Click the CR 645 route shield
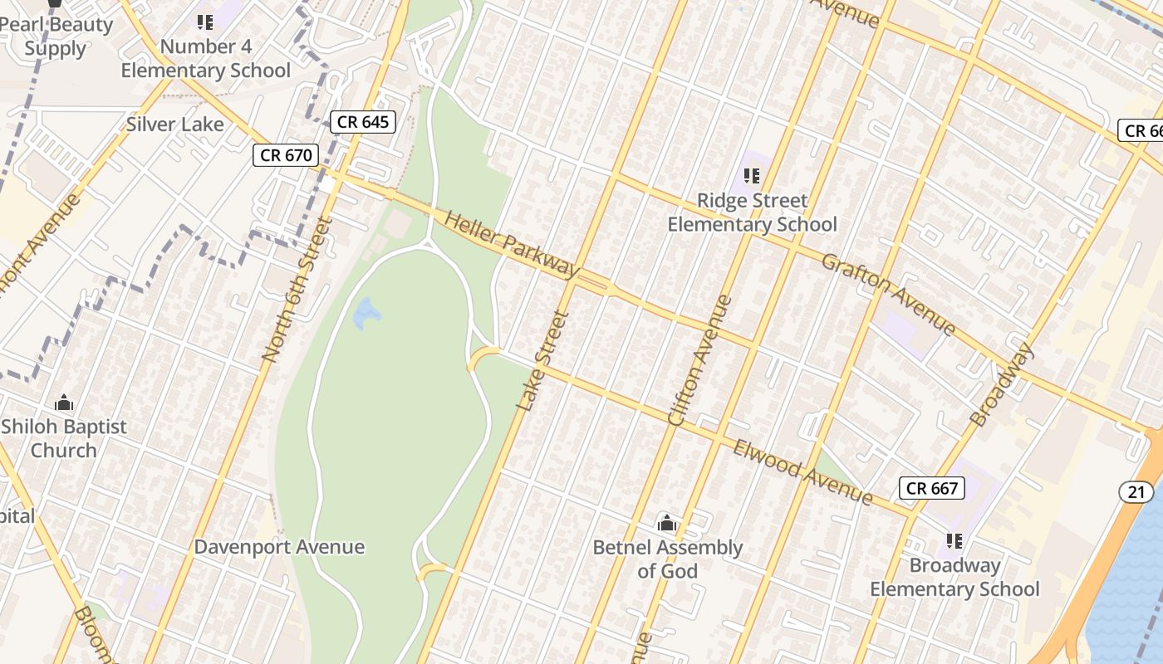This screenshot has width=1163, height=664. pyautogui.click(x=363, y=123)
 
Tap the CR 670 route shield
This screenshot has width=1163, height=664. pyautogui.click(x=286, y=155)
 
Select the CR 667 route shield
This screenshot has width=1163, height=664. pyautogui.click(x=932, y=488)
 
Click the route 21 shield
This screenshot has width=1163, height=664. pyautogui.click(x=1136, y=492)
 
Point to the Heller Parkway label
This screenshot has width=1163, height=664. pyautogui.click(x=512, y=244)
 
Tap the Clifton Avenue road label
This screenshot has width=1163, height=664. pyautogui.click(x=700, y=361)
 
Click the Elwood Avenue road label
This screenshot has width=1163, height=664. pyautogui.click(x=802, y=471)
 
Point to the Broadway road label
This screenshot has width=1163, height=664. pyautogui.click(x=1002, y=384)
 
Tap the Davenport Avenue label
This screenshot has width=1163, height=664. pyautogui.click(x=279, y=547)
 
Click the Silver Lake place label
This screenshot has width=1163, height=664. pyautogui.click(x=174, y=124)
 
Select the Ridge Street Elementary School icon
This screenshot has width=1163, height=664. pyautogui.click(x=752, y=176)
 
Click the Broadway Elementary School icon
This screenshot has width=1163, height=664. pyautogui.click(x=954, y=541)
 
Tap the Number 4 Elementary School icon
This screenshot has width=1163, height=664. pyautogui.click(x=205, y=22)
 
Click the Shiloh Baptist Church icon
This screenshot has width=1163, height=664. pyautogui.click(x=64, y=403)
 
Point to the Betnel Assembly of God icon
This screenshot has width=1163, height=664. pyautogui.click(x=667, y=523)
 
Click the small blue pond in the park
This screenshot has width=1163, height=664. pyautogui.click(x=366, y=314)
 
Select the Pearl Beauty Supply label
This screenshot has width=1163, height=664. pyautogui.click(x=56, y=36)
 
